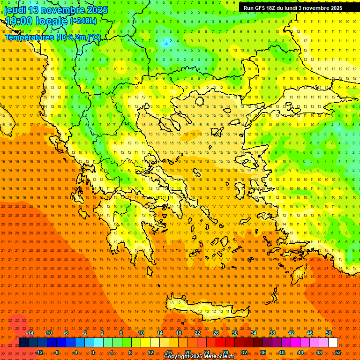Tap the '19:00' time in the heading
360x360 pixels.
click(x=18, y=21)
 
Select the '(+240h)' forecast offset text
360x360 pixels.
click(x=83, y=21)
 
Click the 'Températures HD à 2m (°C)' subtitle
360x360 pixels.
click(x=53, y=37)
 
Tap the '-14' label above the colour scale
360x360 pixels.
click(x=30, y=333)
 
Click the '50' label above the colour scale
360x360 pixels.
click(x=329, y=333)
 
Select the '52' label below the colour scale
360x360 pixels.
click(x=338, y=352)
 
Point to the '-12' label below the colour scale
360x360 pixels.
click(x=39, y=352)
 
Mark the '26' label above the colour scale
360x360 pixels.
click(x=216, y=333)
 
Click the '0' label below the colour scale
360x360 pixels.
click(x=93, y=352)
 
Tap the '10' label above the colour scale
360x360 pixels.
click(x=141, y=333)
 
